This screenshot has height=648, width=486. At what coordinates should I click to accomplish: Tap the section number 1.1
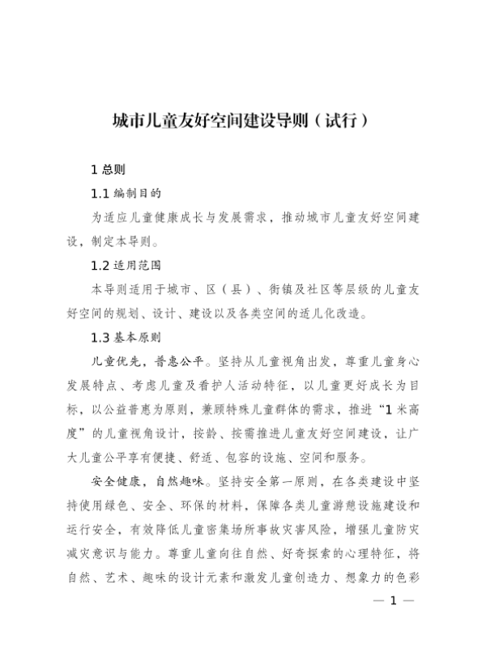[100, 194]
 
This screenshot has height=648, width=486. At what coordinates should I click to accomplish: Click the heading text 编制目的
[139, 194]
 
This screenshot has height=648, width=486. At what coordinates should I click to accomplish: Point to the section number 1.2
[100, 265]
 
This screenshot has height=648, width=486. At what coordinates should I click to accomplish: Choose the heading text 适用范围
[139, 265]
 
